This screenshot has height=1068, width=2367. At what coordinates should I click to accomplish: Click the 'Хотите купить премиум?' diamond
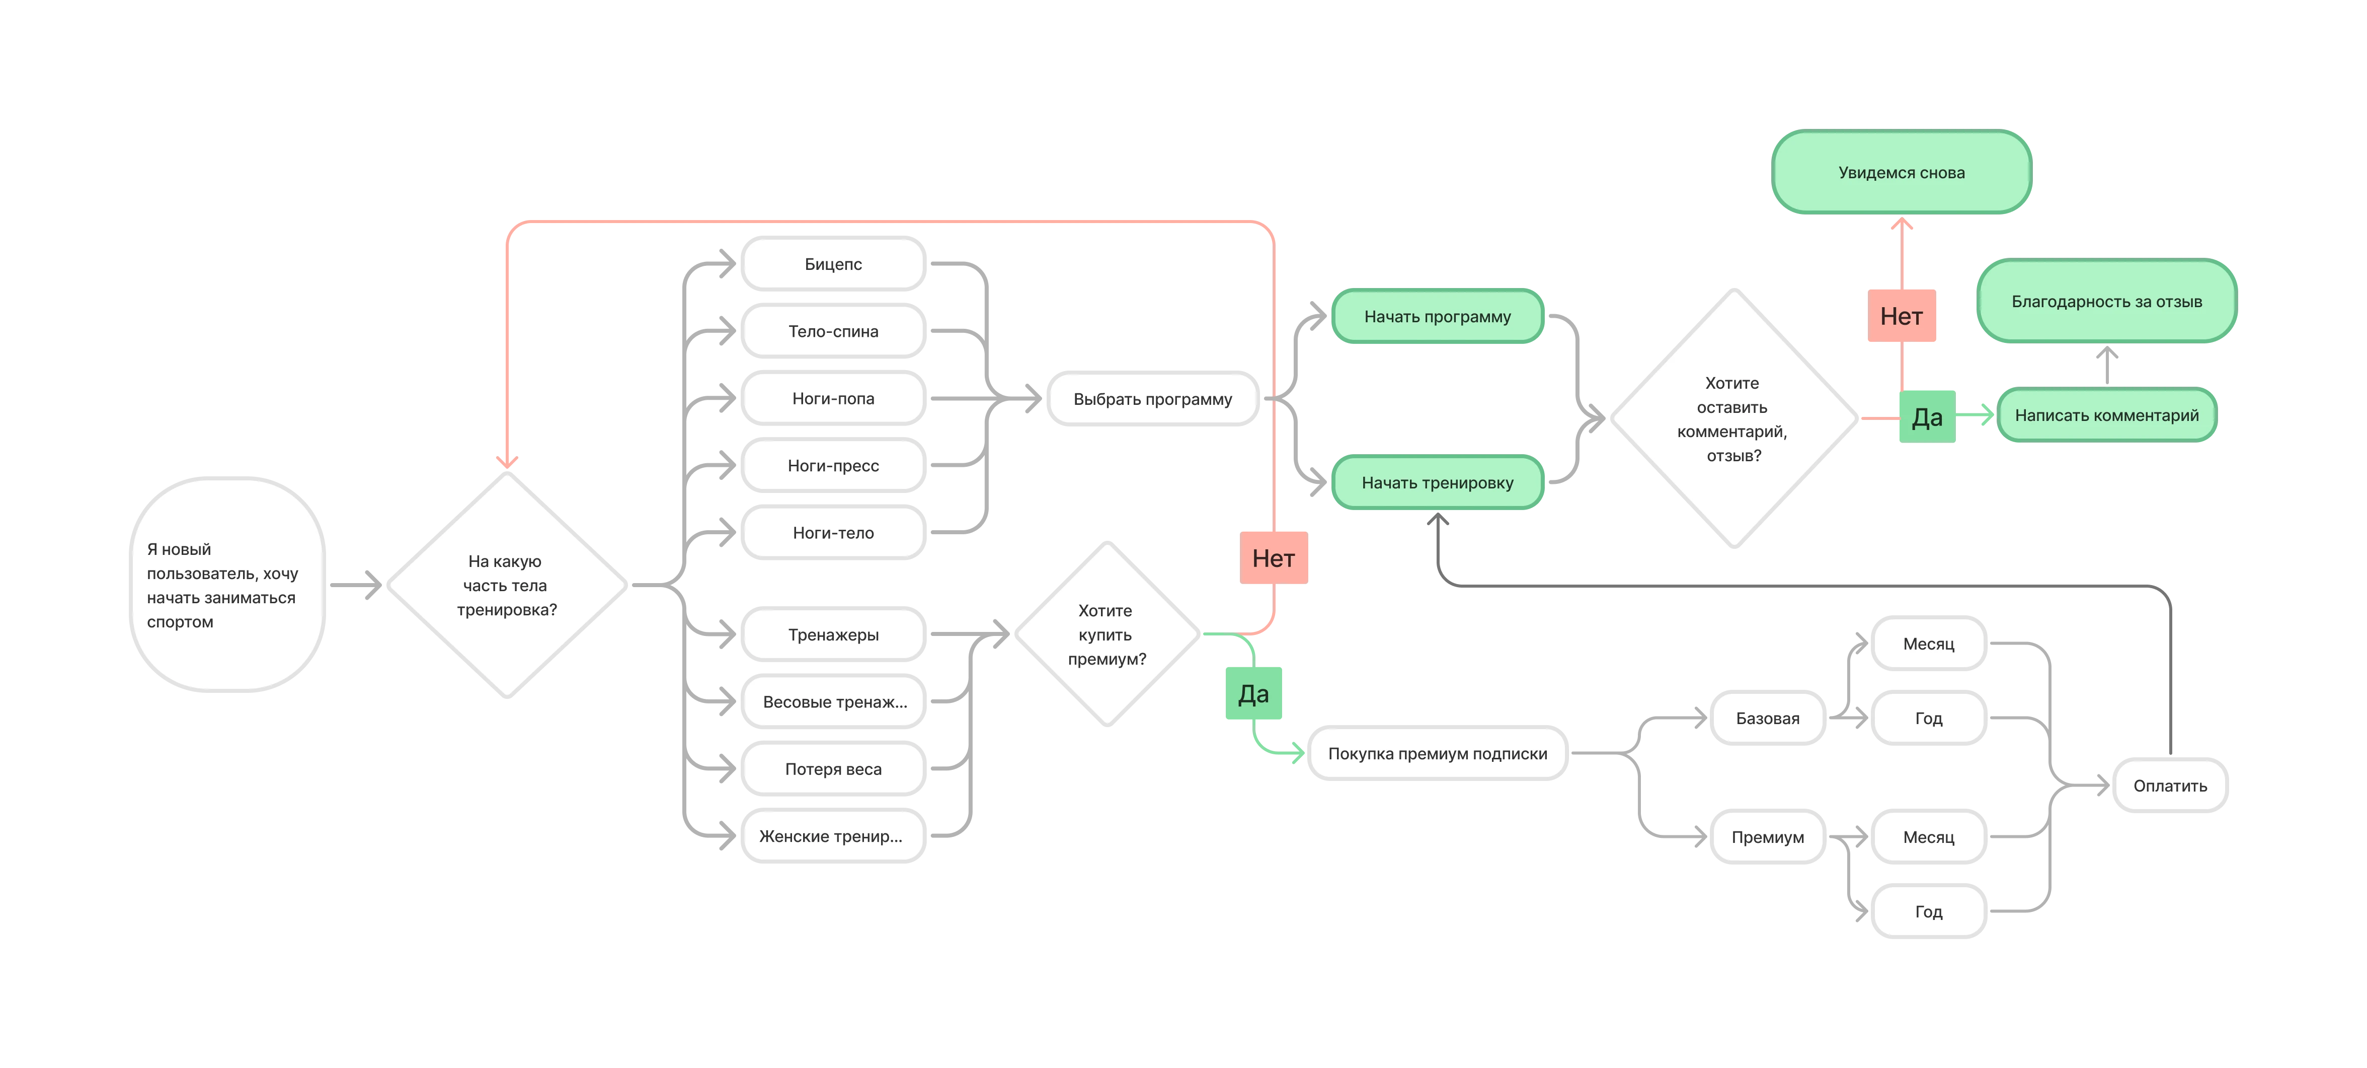1107,634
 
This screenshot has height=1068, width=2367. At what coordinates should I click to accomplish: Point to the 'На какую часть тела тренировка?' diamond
506,585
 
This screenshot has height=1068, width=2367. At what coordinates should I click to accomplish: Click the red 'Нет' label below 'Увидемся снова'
1901,316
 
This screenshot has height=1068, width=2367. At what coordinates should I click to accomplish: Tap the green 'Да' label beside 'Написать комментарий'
1927,417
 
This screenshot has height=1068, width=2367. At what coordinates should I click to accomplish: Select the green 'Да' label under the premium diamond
1253,694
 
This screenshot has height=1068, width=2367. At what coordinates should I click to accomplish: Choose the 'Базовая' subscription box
1767,718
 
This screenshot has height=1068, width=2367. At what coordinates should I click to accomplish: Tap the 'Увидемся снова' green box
1901,172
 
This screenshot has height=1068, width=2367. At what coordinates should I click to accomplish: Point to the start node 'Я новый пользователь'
227,585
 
